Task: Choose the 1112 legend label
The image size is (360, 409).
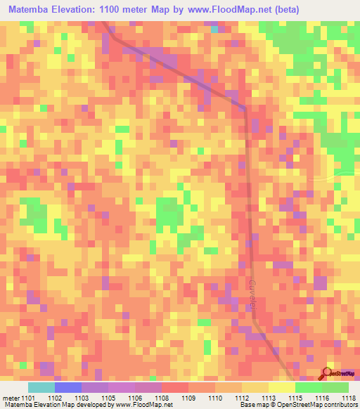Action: click(x=245, y=397)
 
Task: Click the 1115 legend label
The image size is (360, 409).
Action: click(x=298, y=397)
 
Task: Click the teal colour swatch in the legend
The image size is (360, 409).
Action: click(x=41, y=387)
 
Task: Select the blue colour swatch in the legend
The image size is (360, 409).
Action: click(x=68, y=387)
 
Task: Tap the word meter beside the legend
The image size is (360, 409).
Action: click(x=11, y=397)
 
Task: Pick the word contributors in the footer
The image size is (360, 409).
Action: click(x=341, y=405)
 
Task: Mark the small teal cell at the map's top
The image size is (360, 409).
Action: click(x=214, y=30)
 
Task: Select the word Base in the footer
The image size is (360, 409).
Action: click(x=246, y=405)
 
